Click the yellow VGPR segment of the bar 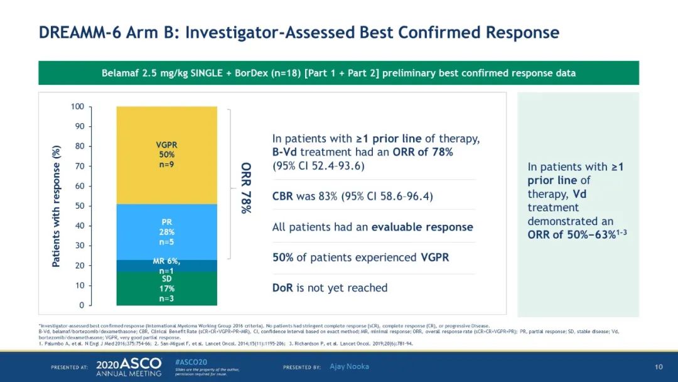coord(166,155)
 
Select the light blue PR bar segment coord(166,232)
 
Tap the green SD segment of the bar coord(166,288)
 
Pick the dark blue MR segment coord(166,266)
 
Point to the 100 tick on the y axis coord(77,107)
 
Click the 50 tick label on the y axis coord(79,206)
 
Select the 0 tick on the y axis coord(81,305)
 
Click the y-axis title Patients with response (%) coord(56,206)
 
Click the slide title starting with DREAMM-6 coord(299,32)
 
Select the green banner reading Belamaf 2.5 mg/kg coord(338,73)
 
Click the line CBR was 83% coord(352,197)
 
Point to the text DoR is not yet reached coord(330,288)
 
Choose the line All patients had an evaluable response coord(372,227)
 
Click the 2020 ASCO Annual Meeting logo coord(128,367)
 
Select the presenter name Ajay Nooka coord(349,366)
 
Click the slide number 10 coord(659,366)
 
